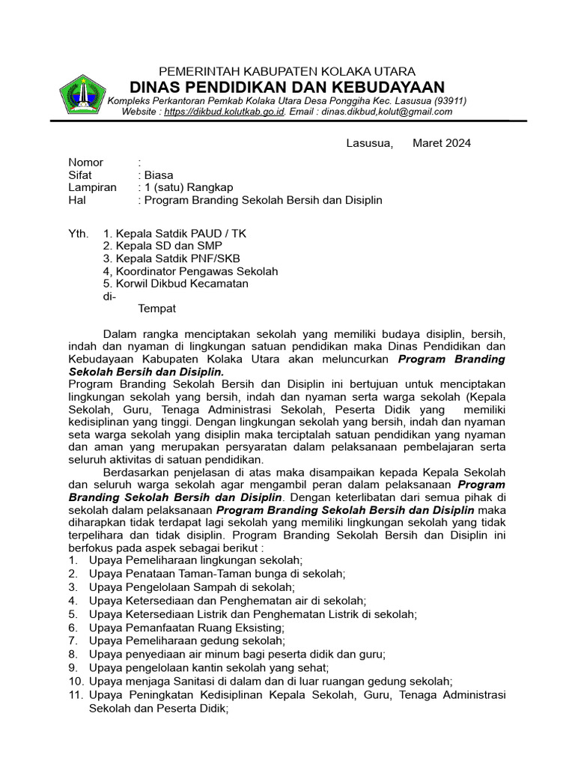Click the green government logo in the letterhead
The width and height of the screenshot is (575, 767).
point(82,95)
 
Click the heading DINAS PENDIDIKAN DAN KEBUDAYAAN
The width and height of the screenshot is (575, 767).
point(287,87)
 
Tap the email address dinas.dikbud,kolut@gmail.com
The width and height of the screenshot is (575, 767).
point(384,112)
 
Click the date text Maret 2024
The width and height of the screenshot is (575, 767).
point(442,143)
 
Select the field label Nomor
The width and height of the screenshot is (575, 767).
point(86,163)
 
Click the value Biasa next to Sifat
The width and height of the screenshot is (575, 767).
point(159,175)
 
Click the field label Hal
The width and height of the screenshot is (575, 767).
point(76,200)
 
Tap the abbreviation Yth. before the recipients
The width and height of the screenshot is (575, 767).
point(79,234)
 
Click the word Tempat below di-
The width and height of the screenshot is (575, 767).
point(157,309)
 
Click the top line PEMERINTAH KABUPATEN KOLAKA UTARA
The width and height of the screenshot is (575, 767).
point(287,71)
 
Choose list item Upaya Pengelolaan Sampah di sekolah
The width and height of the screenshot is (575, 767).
point(192,587)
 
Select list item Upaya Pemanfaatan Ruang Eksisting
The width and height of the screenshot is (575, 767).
point(186,627)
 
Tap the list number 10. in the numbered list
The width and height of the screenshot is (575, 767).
point(76,681)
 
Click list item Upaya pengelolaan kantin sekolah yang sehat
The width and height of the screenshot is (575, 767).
point(208,667)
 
